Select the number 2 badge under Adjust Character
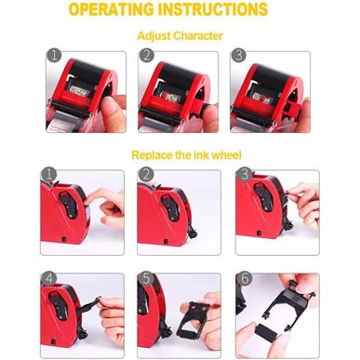coord(146,57)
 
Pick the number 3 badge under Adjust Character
coord(240,57)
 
